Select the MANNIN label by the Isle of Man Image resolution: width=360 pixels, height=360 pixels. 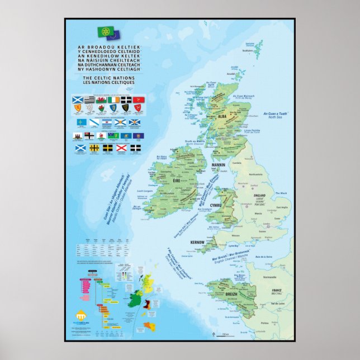[x=217, y=165]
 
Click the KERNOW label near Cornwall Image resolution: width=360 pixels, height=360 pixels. [x=197, y=243]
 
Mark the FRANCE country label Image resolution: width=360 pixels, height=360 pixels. [x=276, y=291]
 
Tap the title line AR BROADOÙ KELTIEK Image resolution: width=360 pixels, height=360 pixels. [x=105, y=49]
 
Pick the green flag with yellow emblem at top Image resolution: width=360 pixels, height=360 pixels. [x=105, y=32]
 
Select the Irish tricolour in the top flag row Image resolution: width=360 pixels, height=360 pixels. [x=113, y=100]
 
